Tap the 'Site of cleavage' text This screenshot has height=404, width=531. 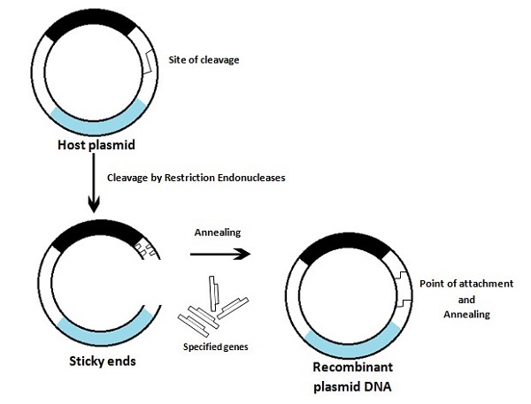(204, 60)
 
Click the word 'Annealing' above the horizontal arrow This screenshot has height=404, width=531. (217, 232)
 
